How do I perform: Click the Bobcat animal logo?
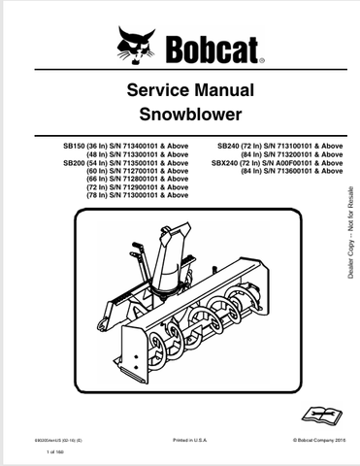click(x=135, y=45)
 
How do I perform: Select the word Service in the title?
click(x=148, y=91)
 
